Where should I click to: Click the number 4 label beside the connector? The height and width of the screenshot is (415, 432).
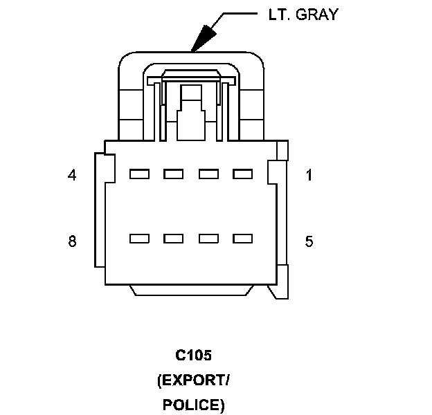point(72,175)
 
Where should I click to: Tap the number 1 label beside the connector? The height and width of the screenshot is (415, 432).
point(309,175)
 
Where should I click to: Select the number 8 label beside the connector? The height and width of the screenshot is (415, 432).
point(72,241)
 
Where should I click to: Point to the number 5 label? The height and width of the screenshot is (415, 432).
point(309,241)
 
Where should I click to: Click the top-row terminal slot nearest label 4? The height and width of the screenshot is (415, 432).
point(139,174)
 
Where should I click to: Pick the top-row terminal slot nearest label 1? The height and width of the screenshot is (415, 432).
point(242,174)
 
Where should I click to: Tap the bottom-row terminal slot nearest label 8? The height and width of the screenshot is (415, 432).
point(139,239)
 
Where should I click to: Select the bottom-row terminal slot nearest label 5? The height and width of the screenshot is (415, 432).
point(242,239)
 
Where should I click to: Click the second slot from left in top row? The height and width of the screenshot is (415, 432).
point(173,174)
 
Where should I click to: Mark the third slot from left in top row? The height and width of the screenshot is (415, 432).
point(208,174)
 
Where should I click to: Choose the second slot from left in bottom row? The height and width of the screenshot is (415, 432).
point(173,239)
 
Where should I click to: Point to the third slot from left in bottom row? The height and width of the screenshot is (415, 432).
point(208,239)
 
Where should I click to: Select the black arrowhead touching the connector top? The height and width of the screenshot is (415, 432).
point(204,39)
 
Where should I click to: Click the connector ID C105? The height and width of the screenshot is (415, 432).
point(193,356)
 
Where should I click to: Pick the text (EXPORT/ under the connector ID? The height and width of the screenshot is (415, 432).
point(193,380)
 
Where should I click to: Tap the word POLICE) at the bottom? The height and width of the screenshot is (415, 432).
point(193,404)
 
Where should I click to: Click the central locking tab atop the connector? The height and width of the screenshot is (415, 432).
point(190,111)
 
